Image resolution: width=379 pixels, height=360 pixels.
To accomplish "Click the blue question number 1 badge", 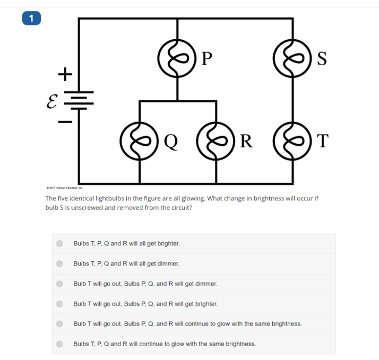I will click(x=31, y=18).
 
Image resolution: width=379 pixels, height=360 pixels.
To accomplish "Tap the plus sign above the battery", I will click(x=64, y=74).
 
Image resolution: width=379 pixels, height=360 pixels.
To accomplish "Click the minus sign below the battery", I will click(x=64, y=122).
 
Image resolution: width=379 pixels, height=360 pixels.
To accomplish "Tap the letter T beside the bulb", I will click(x=322, y=141).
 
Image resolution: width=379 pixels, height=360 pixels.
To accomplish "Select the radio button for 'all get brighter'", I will click(x=60, y=244).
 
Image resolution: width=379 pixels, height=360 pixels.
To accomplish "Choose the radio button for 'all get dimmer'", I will click(x=60, y=264).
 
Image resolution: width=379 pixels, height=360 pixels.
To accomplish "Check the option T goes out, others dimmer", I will click(x=60, y=284).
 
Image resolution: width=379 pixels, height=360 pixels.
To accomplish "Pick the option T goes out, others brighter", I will click(x=60, y=304).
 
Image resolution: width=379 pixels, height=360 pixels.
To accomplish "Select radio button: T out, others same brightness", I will click(x=60, y=323).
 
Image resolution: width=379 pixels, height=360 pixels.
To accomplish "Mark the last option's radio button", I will click(x=60, y=344).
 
